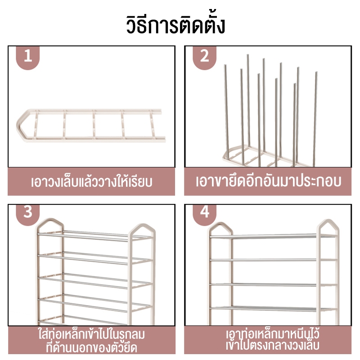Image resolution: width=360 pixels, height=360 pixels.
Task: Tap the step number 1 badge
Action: tap(28, 57)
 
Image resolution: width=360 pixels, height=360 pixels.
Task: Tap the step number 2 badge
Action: tap(204, 57)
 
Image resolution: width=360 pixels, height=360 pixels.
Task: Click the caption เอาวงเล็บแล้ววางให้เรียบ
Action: tap(92, 182)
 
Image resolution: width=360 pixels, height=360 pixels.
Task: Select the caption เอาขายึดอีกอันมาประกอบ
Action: tap(268, 181)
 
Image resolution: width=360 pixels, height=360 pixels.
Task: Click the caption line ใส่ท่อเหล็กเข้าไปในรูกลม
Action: tap(92, 334)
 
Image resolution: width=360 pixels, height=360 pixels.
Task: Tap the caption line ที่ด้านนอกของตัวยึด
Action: tap(92, 347)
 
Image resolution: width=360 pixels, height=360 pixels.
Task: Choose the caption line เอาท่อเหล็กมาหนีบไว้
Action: tap(273, 334)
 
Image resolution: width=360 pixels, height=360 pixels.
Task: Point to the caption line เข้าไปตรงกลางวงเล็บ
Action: tap(273, 346)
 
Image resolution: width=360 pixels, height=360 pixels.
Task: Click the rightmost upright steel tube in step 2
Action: tap(315, 119)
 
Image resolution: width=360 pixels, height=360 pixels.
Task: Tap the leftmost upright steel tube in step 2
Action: tap(227, 112)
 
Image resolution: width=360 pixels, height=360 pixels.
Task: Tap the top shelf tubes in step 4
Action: tap(273, 236)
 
